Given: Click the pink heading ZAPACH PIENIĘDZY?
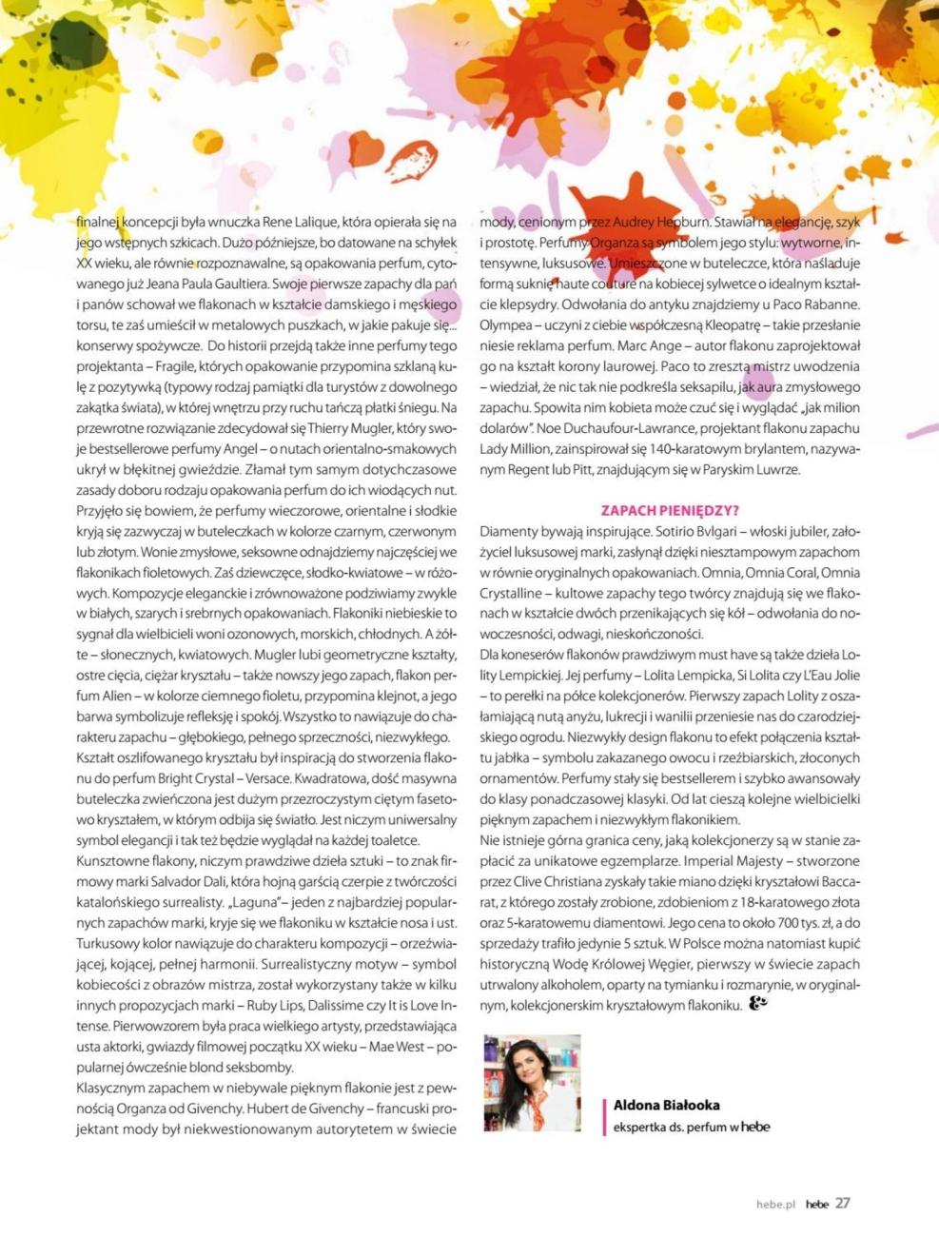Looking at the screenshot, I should coord(670,511).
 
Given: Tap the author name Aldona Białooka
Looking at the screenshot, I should coord(666,1105).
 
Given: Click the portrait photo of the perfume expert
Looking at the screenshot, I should coord(532,1083).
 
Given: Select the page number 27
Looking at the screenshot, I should coord(843,1203).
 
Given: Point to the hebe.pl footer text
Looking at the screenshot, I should coord(775,1204).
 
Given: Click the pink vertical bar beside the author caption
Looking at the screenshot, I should coord(604,1116).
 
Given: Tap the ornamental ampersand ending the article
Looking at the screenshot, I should coord(758,1002).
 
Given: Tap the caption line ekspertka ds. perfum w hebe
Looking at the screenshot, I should coord(692,1127).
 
